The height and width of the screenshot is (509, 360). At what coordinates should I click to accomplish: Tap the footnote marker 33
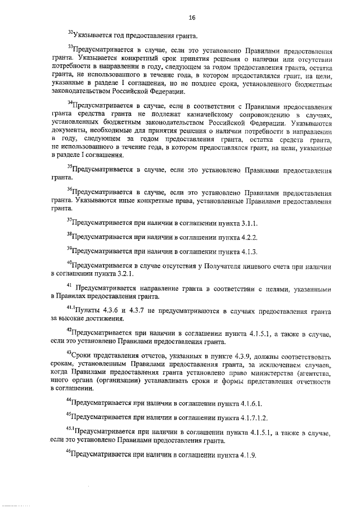(x=69, y=47)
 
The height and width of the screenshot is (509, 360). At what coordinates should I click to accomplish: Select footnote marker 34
(x=69, y=103)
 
